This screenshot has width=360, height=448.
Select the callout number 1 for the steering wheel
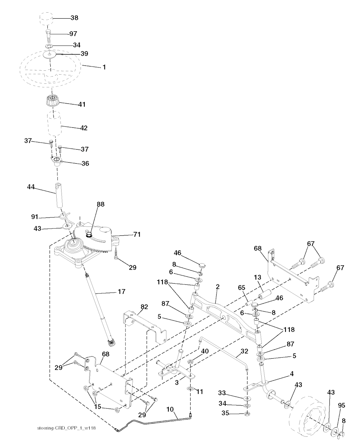coord(104,67)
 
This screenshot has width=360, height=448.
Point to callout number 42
coord(84,128)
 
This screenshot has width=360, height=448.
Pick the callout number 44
coord(31,188)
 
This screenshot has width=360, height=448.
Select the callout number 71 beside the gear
coord(137,234)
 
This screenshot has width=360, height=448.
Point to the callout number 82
coord(144,307)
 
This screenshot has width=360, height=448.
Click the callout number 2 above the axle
coord(218,287)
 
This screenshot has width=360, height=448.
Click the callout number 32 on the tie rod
coord(244,351)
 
